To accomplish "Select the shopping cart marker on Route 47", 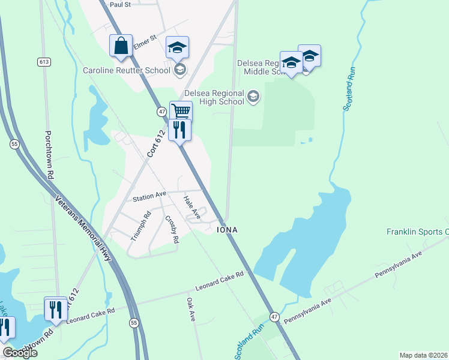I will pyautogui.click(x=181, y=111).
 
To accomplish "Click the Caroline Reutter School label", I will pyautogui.click(x=127, y=70).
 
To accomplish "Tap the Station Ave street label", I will pyautogui.click(x=149, y=196).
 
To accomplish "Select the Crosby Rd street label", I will pyautogui.click(x=172, y=229).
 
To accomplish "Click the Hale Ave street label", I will pyautogui.click(x=191, y=208).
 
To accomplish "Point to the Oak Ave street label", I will pyautogui.click(x=191, y=309).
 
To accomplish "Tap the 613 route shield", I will pyautogui.click(x=44, y=62).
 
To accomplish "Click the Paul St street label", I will pyautogui.click(x=120, y=4).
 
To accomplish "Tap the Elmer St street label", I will pyautogui.click(x=145, y=41).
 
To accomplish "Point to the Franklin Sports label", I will pyautogui.click(x=417, y=232).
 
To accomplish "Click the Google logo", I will pyautogui.click(x=20, y=352).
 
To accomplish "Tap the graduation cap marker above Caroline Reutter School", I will pyautogui.click(x=177, y=47).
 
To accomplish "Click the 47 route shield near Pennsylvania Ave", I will pyautogui.click(x=274, y=316).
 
